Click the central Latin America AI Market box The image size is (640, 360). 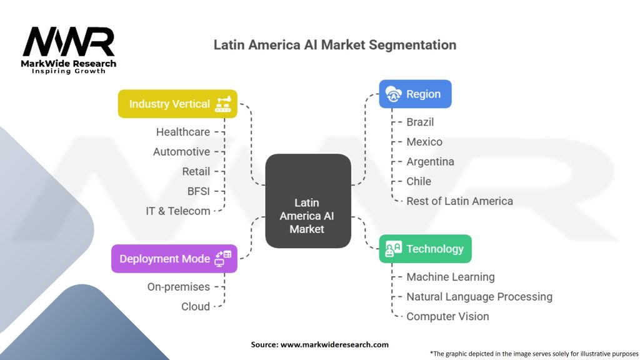point(307,201)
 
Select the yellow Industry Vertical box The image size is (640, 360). point(178,104)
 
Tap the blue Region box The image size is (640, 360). point(415,94)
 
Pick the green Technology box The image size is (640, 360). point(425,249)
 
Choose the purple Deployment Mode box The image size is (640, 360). point(174,259)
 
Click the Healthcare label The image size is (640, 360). point(183,132)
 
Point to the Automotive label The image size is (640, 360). point(181,152)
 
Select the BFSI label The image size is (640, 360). point(199,191)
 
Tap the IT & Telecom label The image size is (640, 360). point(178,211)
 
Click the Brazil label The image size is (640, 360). point(420,122)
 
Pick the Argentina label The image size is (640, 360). point(430,162)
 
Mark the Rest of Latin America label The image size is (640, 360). point(459,201)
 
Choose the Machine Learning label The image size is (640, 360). point(450,277)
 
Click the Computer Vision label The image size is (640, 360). point(447,316)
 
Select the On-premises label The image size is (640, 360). point(179,287)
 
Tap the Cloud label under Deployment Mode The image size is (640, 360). point(196,306)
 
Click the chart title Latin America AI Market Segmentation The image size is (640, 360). point(335,45)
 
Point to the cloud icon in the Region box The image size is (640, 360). point(394,94)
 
